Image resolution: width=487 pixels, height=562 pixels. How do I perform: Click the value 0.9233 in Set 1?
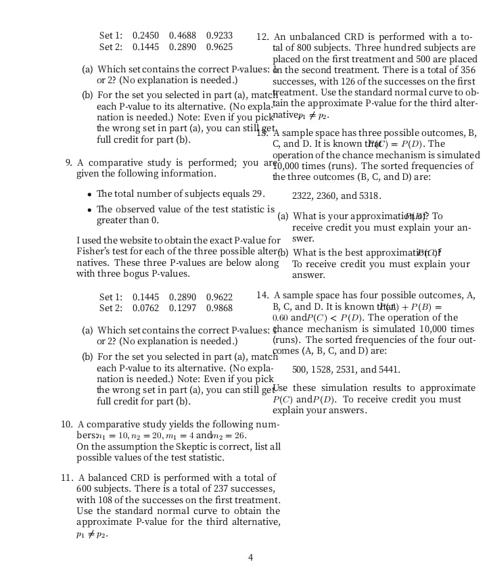(219, 35)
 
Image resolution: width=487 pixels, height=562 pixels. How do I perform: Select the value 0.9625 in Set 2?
(219, 47)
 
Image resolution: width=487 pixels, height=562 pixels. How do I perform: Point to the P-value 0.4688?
(183, 35)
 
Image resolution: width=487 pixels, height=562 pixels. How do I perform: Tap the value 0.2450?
(146, 35)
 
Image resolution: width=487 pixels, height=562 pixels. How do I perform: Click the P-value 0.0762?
(146, 308)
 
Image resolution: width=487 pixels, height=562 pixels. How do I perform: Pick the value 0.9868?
(219, 308)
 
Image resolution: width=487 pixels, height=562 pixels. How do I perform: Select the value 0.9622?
(219, 296)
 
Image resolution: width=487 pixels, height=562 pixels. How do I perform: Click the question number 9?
(69, 162)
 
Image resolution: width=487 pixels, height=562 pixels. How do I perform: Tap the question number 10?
(67, 424)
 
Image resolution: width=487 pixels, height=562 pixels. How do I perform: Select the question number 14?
(262, 295)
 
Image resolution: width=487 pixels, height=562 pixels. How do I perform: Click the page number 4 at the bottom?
(250, 557)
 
